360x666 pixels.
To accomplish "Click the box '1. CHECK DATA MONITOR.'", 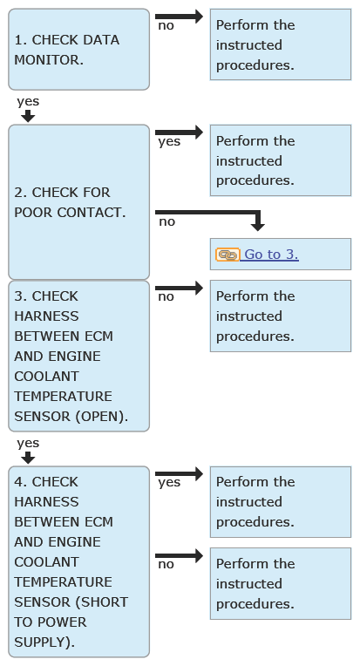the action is (x=79, y=50).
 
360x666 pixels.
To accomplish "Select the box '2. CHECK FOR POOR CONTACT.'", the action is (x=79, y=201).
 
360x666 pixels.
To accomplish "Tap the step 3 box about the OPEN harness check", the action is (x=79, y=356).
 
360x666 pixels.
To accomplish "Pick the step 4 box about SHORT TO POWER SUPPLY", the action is (x=79, y=561).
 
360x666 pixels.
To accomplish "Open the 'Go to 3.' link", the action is (x=269, y=254).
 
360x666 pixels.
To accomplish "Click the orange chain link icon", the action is (x=228, y=255).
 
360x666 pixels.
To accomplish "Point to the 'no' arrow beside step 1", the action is (x=180, y=17).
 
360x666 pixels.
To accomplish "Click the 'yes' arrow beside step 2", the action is (x=180, y=133).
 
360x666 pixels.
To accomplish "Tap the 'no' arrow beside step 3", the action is (x=180, y=288).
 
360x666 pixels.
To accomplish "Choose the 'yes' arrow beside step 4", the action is (x=180, y=473).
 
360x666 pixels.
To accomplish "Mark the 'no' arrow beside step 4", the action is (x=180, y=555).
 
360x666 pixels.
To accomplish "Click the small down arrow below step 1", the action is (x=28, y=116).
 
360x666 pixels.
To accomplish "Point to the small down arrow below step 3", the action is (x=28, y=458).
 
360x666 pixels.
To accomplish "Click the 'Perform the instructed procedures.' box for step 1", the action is (x=281, y=44).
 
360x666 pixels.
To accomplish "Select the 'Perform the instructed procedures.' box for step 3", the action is (x=281, y=316).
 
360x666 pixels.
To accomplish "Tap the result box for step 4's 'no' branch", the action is (x=281, y=583).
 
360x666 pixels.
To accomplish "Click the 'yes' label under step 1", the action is (x=28, y=101).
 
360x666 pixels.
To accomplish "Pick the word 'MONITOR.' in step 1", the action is (x=49, y=60).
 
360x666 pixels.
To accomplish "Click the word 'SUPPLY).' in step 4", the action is (x=44, y=642).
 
